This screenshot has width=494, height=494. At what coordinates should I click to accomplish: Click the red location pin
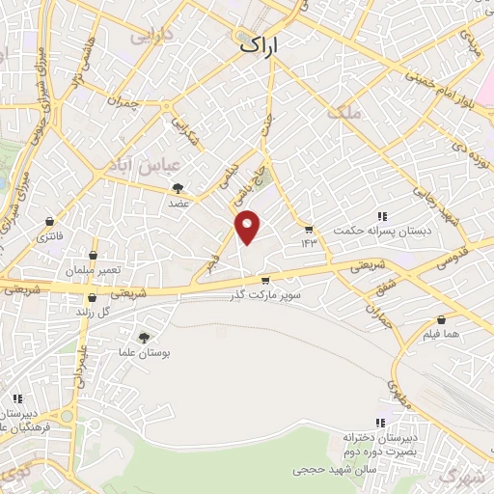point(248,226)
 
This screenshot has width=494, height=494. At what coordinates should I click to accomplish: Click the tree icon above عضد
point(177,188)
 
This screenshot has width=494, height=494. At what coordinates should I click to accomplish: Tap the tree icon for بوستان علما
point(144,337)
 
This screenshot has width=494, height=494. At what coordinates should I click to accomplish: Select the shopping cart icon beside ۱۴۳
point(308,230)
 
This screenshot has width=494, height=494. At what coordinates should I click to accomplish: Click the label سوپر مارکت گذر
point(265,294)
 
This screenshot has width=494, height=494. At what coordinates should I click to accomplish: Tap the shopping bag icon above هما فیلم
point(441,319)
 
